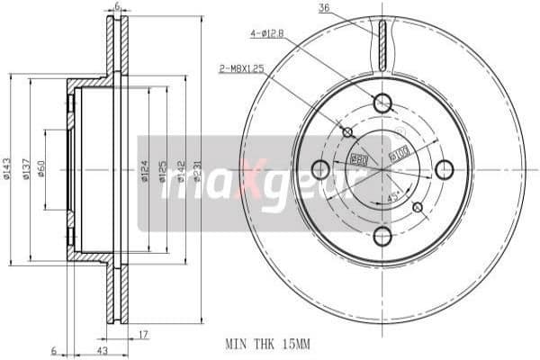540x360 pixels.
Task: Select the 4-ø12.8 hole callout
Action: tap(266, 35)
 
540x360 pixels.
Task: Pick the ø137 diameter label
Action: tap(27, 168)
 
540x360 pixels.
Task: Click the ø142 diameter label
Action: tap(183, 168)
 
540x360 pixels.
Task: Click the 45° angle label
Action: tap(392, 197)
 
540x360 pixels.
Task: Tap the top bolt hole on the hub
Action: tap(382, 103)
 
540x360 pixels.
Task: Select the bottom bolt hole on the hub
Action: tap(382, 237)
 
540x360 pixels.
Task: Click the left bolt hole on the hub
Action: tap(319, 169)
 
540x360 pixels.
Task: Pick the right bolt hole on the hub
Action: tap(445, 169)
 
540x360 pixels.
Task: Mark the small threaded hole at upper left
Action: tap(348, 132)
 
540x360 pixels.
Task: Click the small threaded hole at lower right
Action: tap(417, 207)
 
